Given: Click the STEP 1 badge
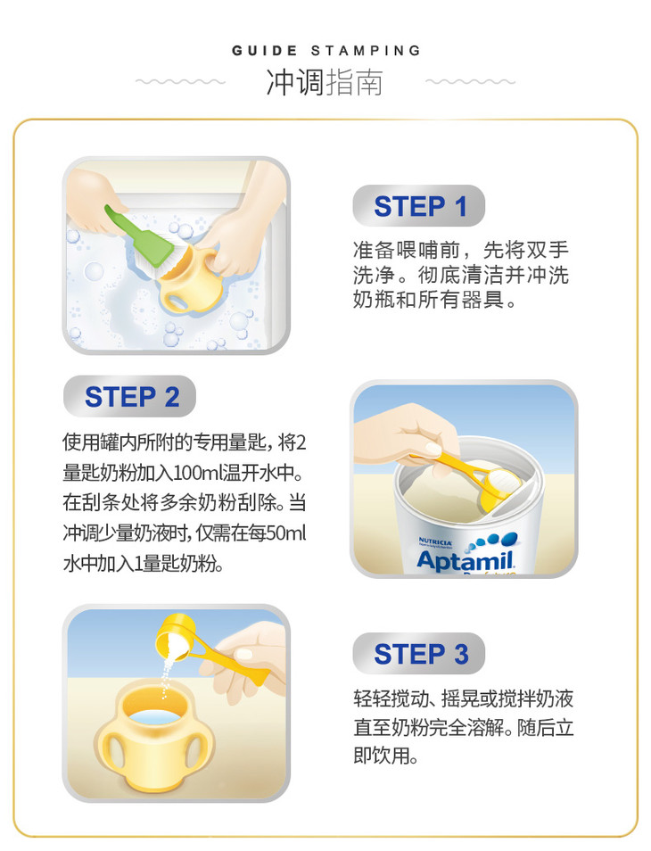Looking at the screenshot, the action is (x=419, y=206).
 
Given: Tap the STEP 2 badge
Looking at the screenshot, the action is (x=129, y=396).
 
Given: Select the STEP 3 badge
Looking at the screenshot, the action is (x=419, y=654).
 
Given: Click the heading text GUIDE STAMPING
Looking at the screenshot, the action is (x=326, y=51).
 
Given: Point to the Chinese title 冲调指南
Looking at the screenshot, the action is (x=325, y=82).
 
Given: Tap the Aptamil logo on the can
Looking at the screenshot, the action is (x=465, y=559).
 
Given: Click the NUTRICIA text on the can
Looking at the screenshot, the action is (x=434, y=541).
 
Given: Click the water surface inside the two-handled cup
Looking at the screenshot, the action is (x=155, y=717).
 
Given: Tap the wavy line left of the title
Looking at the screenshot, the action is (x=180, y=82).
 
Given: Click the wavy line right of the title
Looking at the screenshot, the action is (x=470, y=82).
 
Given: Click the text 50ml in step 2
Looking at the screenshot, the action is (x=285, y=533).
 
